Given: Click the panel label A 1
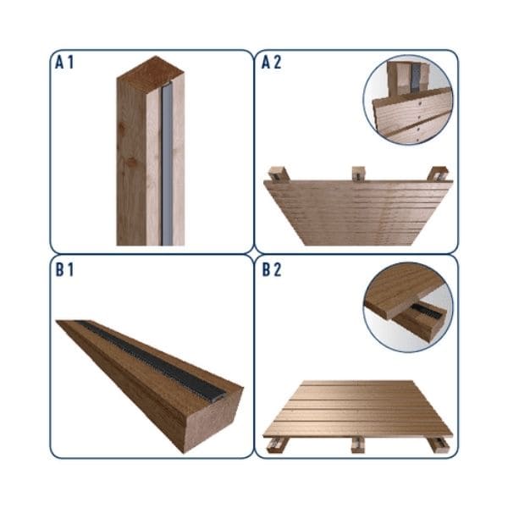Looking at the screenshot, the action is (x=64, y=63).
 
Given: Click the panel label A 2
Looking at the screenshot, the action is (x=271, y=63).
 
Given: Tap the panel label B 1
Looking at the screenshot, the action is (x=64, y=270).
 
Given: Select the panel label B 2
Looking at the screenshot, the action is (x=272, y=270).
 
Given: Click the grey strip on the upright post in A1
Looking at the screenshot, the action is (x=167, y=165).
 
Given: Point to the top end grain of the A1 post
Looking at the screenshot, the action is (x=151, y=73).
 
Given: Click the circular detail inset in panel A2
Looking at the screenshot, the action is (x=408, y=99).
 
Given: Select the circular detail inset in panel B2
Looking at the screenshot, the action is (x=408, y=307).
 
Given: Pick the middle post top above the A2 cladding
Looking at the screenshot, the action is (x=358, y=174).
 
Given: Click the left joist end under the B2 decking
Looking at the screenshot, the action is (x=275, y=444).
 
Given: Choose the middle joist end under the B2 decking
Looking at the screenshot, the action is (x=358, y=444).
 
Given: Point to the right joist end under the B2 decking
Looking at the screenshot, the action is (x=439, y=444).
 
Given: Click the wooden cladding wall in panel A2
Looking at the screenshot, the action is (x=358, y=213).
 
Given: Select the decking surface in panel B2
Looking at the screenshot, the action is (x=357, y=409).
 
